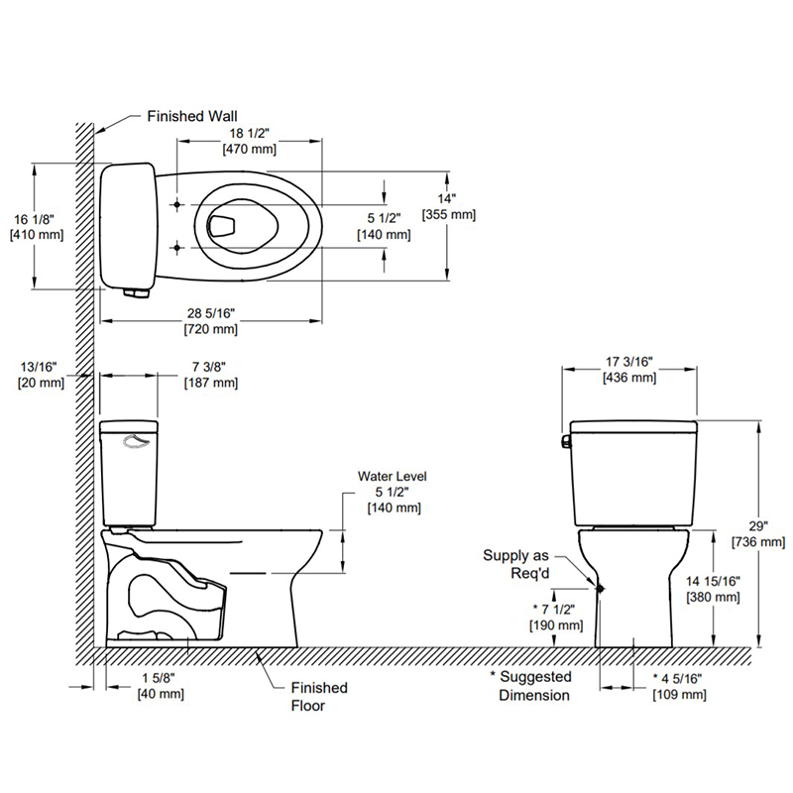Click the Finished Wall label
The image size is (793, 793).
pyautogui.click(x=192, y=116)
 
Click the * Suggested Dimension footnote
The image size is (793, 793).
pyautogui.click(x=531, y=686)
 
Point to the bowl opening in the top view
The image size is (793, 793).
pyautogui.click(x=242, y=227)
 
